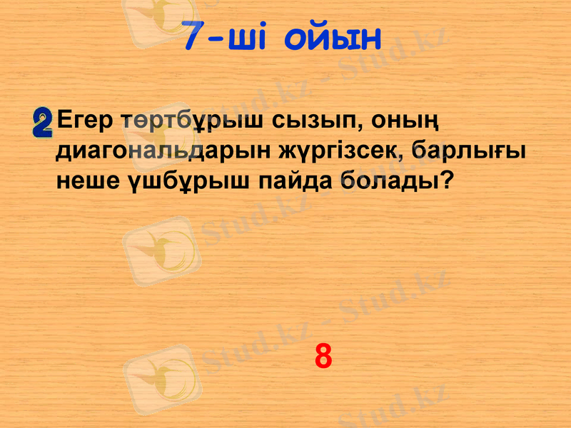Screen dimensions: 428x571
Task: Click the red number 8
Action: [x=323, y=356]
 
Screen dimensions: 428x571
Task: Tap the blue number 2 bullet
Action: [x=43, y=123]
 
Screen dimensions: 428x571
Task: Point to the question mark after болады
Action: [x=445, y=180]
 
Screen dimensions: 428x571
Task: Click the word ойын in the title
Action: [x=333, y=39]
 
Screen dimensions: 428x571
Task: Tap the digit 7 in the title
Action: [x=193, y=37]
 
